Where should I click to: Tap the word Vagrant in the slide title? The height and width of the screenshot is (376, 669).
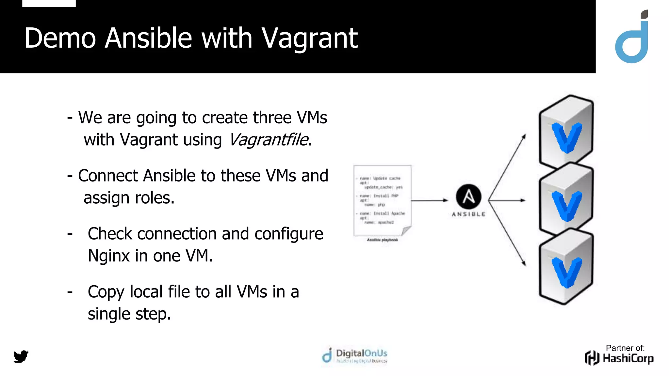point(309,39)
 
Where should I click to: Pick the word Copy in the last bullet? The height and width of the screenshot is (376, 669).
point(106,292)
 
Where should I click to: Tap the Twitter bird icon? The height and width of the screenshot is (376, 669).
point(21,356)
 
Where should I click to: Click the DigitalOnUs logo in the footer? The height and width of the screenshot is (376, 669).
point(355,355)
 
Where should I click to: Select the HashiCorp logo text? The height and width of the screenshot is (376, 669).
point(628,358)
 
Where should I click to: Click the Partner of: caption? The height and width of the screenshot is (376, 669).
point(625,348)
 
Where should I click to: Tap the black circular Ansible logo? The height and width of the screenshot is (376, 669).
point(468,196)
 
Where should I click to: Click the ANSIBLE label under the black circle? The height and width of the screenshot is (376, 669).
point(468,214)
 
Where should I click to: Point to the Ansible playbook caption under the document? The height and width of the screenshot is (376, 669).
point(382,240)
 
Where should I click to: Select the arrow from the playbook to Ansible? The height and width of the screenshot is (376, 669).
point(429,200)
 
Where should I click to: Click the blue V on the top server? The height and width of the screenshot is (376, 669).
point(566,137)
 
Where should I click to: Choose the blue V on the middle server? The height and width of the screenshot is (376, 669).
point(566,206)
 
